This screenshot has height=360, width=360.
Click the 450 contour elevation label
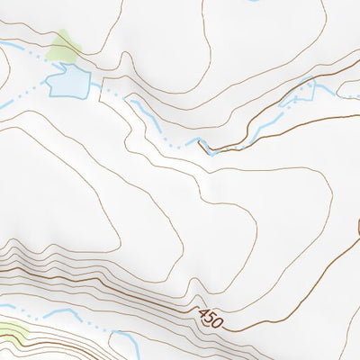[x=210, y=317]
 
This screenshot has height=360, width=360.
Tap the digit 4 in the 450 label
[x=202, y=314]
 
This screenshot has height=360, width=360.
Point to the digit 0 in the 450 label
[x=217, y=320]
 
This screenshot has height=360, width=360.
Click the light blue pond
[x=68, y=84]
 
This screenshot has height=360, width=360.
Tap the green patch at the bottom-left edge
[x=11, y=332]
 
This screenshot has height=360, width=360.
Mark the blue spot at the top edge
[x=251, y=1]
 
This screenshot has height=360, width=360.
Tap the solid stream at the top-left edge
[x=9, y=43]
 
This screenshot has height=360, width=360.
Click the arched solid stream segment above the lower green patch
[x=58, y=313]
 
